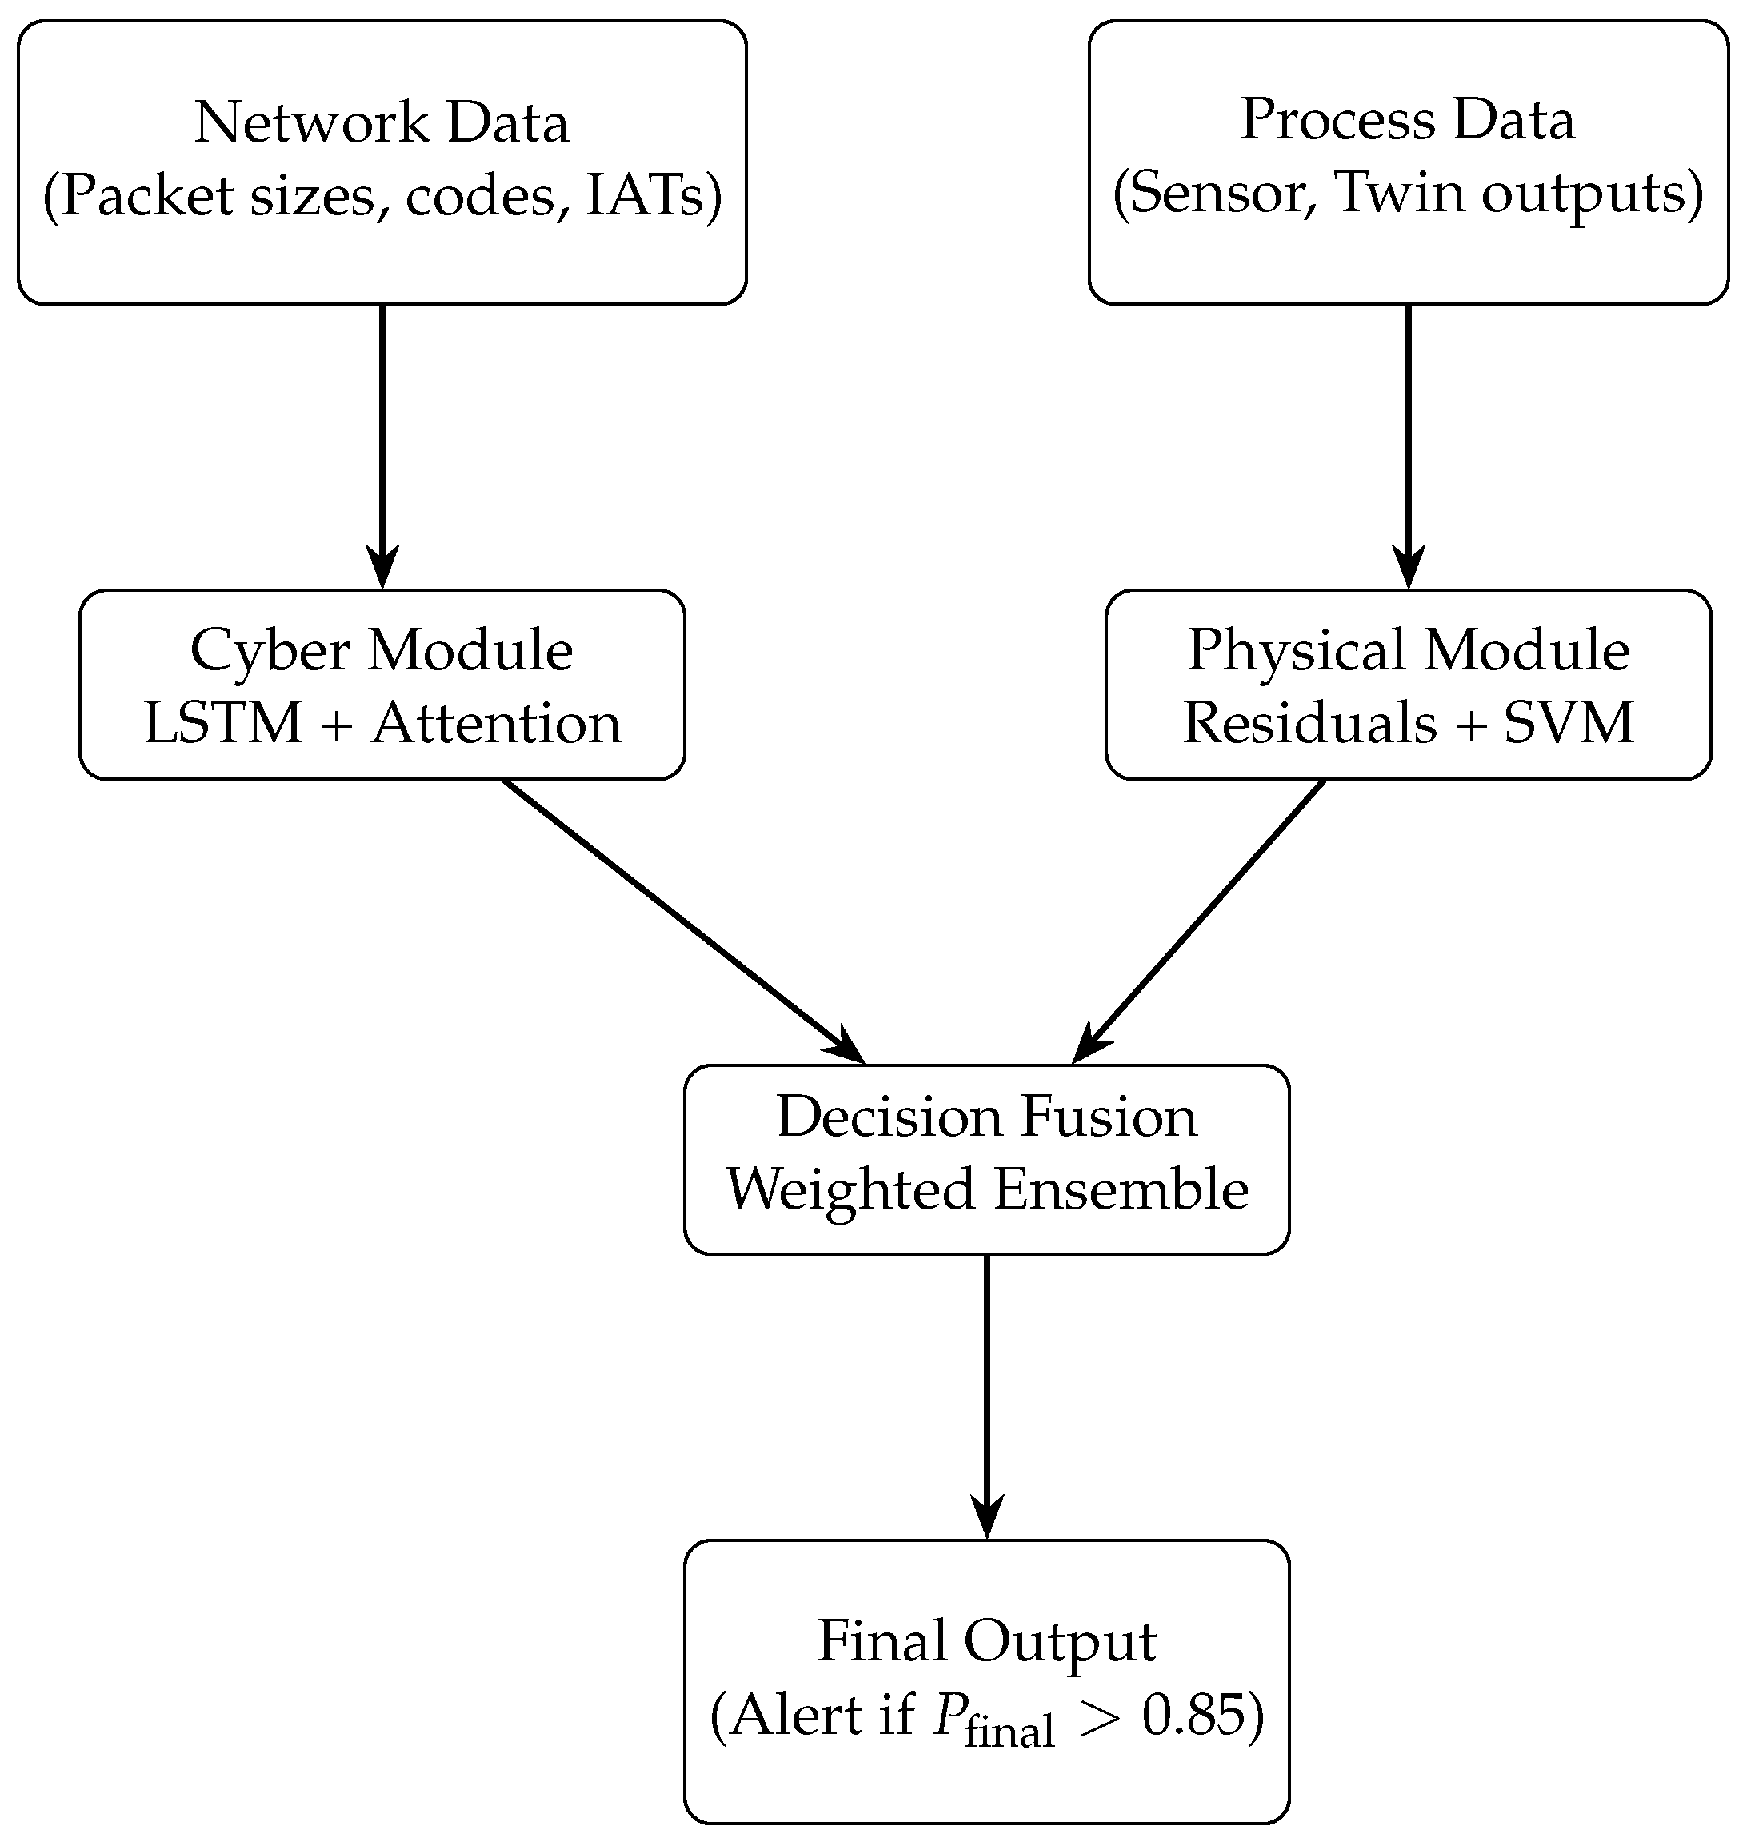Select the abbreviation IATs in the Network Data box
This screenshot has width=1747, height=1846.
[646, 197]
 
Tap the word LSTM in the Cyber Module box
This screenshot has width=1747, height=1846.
[223, 723]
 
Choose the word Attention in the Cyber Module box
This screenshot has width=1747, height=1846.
[497, 723]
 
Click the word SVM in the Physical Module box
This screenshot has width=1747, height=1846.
[1569, 723]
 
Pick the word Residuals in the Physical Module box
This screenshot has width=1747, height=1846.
[1309, 723]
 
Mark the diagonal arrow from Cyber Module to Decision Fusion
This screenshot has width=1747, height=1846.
[685, 921]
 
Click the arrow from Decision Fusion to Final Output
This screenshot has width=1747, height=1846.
[986, 1396]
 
